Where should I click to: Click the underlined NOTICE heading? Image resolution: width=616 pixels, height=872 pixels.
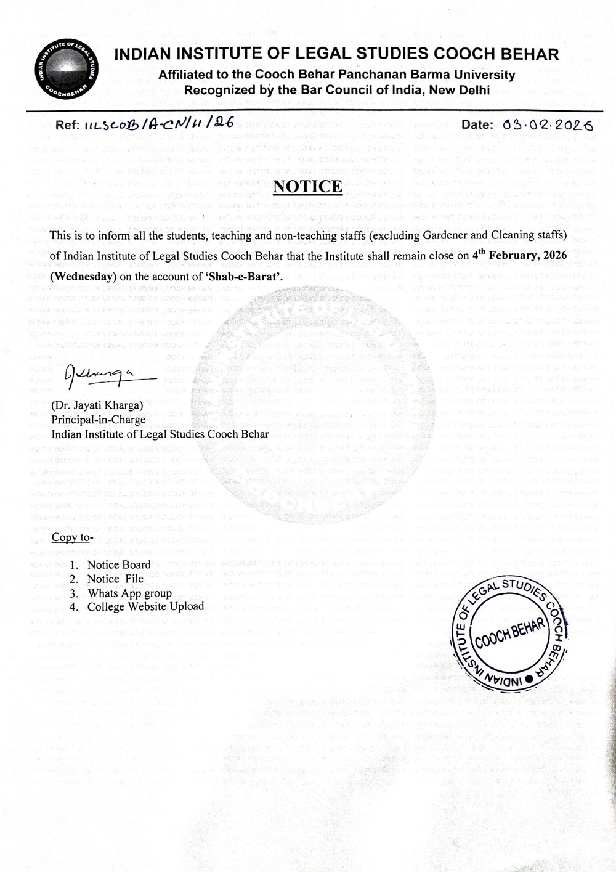[x=307, y=186]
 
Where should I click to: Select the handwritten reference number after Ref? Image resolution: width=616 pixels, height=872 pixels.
[x=156, y=124]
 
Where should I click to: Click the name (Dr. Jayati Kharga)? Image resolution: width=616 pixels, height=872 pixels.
[x=97, y=405]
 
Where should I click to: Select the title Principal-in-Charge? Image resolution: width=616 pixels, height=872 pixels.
[x=99, y=420]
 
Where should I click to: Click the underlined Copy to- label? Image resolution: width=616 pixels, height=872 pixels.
[x=73, y=537]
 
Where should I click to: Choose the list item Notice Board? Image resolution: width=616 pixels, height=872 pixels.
[x=119, y=564]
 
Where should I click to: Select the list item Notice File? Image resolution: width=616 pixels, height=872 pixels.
[x=115, y=579]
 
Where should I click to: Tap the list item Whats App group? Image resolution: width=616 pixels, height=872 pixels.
[x=130, y=593]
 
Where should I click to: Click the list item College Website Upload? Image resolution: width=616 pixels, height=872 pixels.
[x=145, y=607]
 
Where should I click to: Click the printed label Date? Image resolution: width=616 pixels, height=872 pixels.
[x=477, y=124]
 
